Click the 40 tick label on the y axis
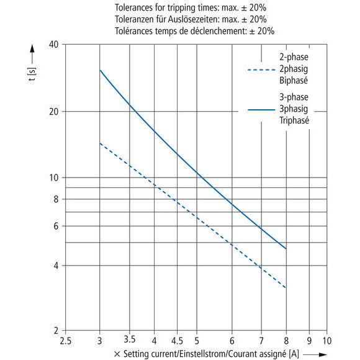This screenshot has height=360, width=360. tap(54, 44)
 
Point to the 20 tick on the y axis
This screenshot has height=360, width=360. tap(54, 112)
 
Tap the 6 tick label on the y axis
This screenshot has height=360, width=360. tap(56, 226)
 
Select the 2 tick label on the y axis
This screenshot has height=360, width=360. tap(56, 331)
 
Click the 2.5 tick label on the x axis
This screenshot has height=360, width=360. tap(65, 341)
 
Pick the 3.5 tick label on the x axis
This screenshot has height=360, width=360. tap(130, 340)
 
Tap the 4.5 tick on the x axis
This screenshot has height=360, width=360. tap(177, 341)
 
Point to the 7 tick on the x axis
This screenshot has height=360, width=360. tap(261, 341)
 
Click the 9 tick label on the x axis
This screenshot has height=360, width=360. tap(309, 341)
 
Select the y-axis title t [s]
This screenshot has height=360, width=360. tap(32, 74)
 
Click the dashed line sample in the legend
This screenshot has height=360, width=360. tap(261, 70)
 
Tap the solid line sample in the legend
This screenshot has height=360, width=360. tap(261, 110)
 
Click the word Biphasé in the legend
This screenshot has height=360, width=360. tap(294, 80)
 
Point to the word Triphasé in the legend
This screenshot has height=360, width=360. tap(294, 120)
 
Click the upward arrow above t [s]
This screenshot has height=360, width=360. tap(32, 55)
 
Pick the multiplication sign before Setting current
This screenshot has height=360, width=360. tap(117, 354)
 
